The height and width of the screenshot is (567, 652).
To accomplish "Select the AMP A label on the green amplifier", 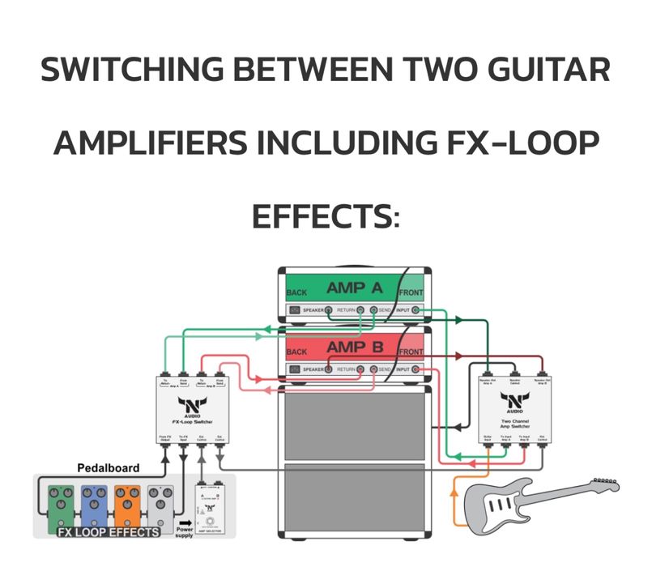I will [x=353, y=288].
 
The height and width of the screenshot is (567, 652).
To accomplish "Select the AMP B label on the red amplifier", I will [x=353, y=348].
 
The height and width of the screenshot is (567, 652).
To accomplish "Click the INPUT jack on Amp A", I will [x=416, y=310].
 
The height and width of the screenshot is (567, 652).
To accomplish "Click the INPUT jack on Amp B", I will [x=416, y=371].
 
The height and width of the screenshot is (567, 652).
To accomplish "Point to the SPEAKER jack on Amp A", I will [x=328, y=310].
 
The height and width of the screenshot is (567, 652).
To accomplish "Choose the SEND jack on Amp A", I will [x=373, y=310].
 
